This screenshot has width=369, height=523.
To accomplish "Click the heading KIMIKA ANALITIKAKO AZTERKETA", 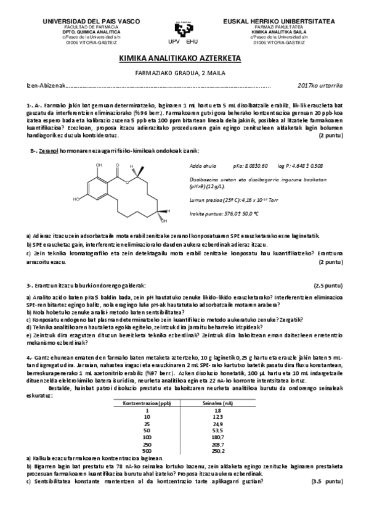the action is [x=184, y=59].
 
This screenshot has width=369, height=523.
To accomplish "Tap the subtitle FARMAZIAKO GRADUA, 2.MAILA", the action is [x=184, y=73].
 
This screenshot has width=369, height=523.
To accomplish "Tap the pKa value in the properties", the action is [x=250, y=165].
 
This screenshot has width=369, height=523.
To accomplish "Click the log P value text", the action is [x=301, y=165].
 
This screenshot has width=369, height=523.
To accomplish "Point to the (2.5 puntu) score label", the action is [x=328, y=286].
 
